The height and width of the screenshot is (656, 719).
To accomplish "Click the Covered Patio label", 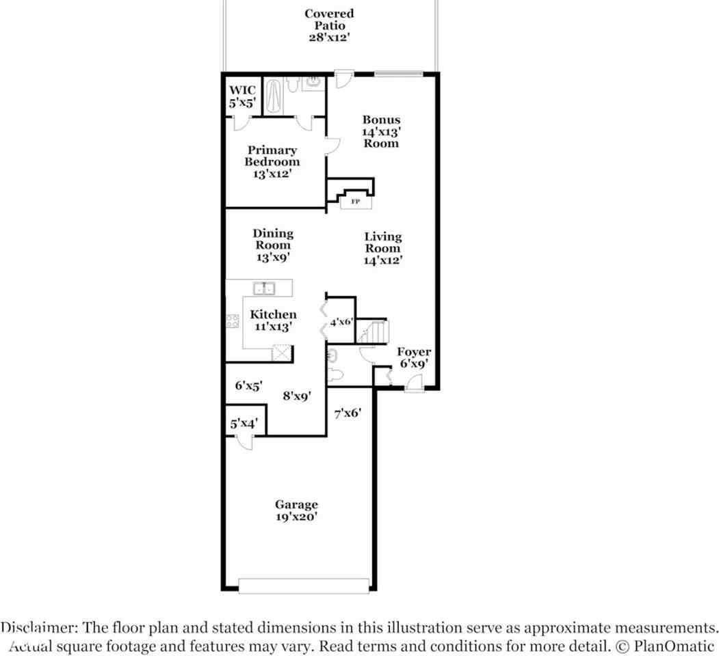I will [329, 25].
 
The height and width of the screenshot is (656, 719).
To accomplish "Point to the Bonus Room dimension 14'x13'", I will [381, 132].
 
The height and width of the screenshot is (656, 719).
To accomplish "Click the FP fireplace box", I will [356, 202].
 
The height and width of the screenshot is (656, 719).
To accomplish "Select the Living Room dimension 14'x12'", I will [382, 260].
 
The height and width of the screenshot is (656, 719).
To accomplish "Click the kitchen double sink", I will [264, 288].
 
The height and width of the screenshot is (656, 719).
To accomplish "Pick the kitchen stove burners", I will [233, 322].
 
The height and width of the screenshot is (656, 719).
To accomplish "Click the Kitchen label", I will [273, 320].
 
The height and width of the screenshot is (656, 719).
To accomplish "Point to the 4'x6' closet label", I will [341, 321].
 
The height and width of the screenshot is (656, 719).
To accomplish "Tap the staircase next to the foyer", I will [375, 333].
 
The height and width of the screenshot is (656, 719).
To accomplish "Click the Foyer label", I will [414, 358].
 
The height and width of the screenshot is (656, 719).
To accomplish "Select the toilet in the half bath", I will [335, 375].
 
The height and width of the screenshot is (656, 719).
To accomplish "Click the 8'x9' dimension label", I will [297, 395].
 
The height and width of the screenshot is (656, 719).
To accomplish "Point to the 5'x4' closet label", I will [244, 424].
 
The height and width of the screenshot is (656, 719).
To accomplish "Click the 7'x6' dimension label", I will [347, 413].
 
